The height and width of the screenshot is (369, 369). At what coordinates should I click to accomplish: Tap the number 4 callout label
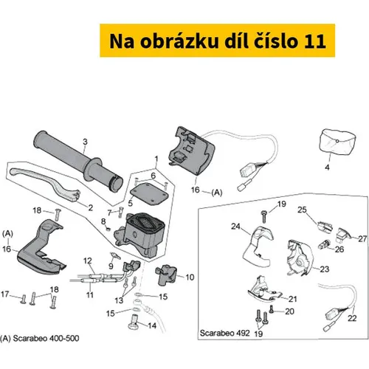327,168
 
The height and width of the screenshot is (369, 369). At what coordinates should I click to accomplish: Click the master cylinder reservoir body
139,234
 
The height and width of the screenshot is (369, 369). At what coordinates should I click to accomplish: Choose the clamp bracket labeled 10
166,275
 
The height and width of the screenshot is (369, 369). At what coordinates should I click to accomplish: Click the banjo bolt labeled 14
134,321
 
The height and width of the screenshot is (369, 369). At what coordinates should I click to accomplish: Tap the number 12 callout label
88,261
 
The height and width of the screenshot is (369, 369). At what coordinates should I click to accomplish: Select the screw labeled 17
24,299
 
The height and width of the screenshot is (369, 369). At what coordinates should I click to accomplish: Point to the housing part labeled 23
298,258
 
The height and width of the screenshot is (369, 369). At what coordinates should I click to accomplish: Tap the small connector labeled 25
324,227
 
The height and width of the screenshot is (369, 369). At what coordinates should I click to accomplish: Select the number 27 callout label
362,238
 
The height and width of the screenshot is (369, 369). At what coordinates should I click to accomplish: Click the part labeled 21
263,290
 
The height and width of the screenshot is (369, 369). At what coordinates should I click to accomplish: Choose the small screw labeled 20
272,309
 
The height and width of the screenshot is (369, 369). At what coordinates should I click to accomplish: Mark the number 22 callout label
352,318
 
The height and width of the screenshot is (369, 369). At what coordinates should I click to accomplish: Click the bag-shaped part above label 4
337,142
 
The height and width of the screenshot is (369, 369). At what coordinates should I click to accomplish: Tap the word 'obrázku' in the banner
179,41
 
